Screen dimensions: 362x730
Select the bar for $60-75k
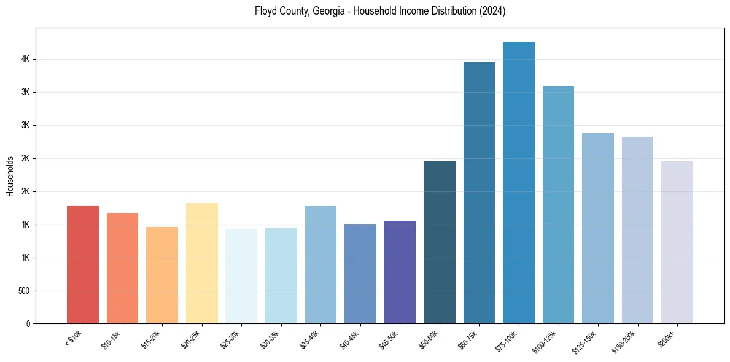[479, 193]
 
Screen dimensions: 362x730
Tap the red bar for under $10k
[83, 264]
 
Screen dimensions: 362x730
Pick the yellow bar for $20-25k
[202, 263]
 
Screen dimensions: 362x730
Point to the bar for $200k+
[677, 242]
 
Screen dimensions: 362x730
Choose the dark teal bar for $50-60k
[440, 242]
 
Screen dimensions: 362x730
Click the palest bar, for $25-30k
[241, 276]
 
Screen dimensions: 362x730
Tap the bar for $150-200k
[637, 230]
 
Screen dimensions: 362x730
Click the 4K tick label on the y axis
[25, 60]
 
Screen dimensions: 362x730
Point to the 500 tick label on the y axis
[23, 291]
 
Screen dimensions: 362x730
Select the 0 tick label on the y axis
[28, 324]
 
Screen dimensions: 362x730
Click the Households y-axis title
[10, 176]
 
